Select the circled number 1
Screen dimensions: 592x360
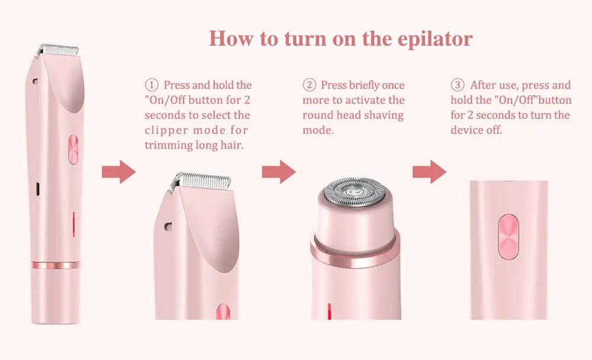(x=152, y=85)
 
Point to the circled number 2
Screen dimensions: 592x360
(x=309, y=85)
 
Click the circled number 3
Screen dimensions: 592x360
(x=457, y=85)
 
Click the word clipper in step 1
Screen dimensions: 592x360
(x=166, y=131)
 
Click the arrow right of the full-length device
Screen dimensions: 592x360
(x=118, y=172)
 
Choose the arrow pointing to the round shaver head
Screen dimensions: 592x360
(x=279, y=172)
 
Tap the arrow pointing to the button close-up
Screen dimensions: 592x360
(x=429, y=172)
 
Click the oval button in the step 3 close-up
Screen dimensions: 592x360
(x=508, y=237)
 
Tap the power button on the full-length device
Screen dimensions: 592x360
(x=73, y=150)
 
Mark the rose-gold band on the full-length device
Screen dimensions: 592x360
(x=56, y=265)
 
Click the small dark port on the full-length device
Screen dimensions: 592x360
(x=38, y=189)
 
